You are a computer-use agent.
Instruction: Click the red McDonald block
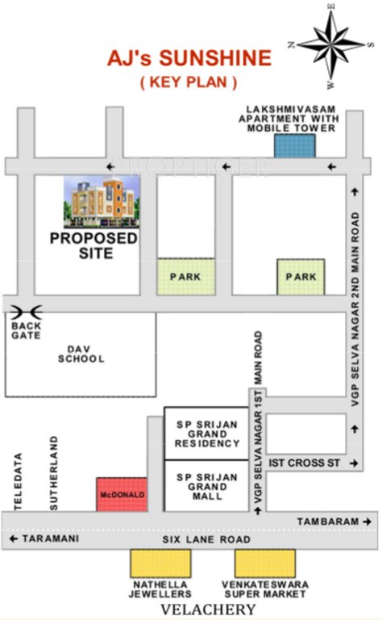point(122,493)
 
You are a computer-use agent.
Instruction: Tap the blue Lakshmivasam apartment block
point(294,145)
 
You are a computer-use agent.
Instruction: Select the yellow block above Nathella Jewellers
point(160,563)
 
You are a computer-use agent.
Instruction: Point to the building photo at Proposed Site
point(102,202)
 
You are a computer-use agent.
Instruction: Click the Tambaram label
point(327,522)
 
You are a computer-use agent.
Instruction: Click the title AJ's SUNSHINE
point(189,59)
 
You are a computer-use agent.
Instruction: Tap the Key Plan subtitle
point(189,82)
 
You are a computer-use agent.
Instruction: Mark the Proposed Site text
point(93,245)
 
